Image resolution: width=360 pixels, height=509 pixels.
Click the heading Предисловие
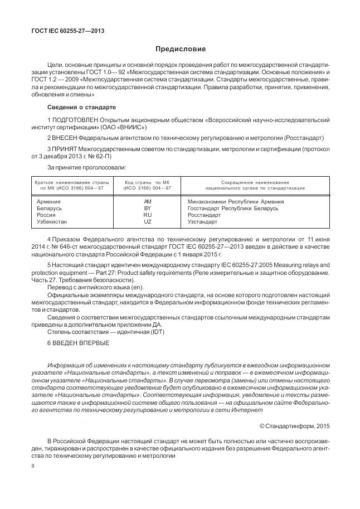180,50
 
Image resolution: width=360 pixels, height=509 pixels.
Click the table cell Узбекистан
51,222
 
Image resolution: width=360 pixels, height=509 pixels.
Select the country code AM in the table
147,202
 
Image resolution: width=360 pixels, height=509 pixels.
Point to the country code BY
147,209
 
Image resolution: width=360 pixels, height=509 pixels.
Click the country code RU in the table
147,215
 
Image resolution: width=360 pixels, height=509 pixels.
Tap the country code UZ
147,222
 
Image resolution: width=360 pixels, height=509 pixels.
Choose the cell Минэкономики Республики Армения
236,202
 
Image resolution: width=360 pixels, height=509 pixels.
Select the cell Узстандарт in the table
203,222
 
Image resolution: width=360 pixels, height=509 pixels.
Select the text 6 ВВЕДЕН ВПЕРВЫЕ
79,342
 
